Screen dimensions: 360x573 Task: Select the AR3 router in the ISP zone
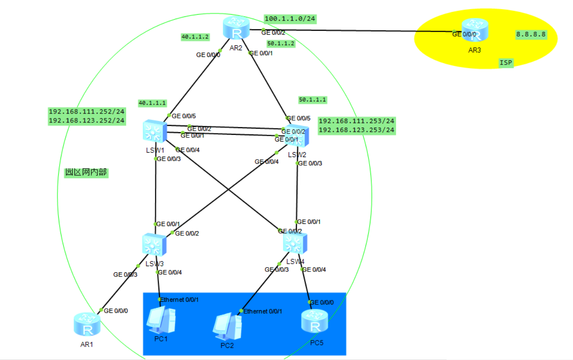pyautogui.click(x=475, y=30)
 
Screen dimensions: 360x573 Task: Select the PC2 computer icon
pyautogui.click(x=227, y=324)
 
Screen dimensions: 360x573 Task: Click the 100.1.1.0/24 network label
pyautogui.click(x=290, y=19)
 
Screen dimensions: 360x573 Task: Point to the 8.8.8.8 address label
pyautogui.click(x=531, y=35)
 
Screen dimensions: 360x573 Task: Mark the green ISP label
pyautogui.click(x=506, y=63)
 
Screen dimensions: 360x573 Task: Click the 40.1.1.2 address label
pyautogui.click(x=195, y=37)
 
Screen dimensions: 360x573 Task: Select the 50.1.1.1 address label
pyautogui.click(x=313, y=100)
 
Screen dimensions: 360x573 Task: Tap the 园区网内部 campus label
pyautogui.click(x=86, y=173)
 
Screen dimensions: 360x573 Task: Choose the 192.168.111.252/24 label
pyautogui.click(x=86, y=112)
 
